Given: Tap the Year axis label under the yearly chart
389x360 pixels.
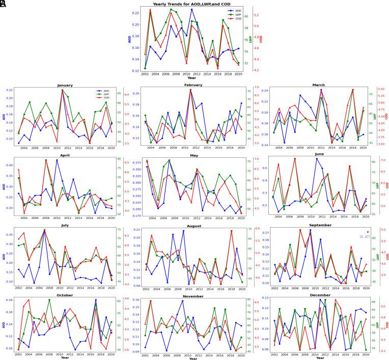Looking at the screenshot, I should [x=191, y=78].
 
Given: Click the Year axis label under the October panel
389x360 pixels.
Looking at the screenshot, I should [x=65, y=357].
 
